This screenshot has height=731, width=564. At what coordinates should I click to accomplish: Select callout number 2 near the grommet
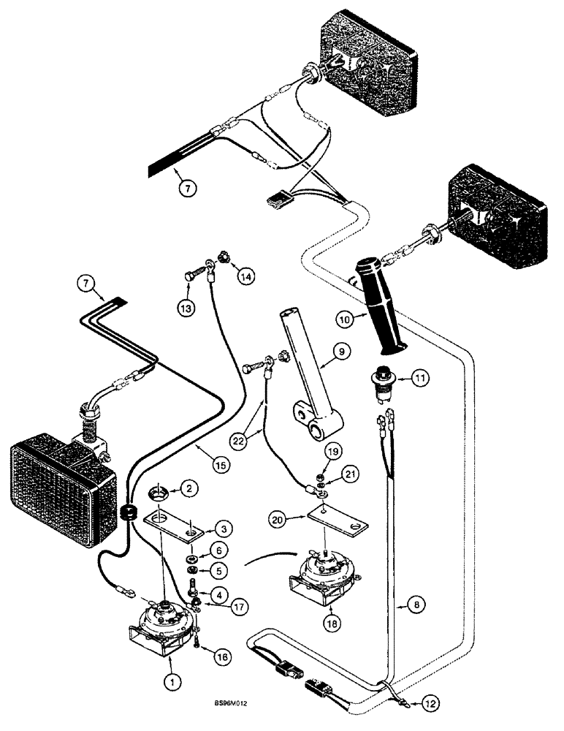coord(188,488)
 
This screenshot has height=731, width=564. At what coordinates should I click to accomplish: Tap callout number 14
coord(247,277)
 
